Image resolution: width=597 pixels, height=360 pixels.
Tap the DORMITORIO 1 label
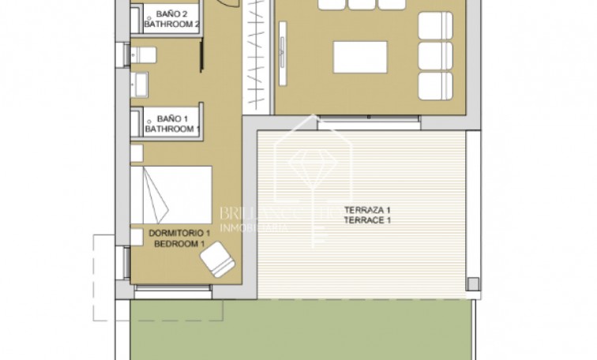point(180,234)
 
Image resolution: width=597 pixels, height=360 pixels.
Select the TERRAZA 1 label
point(366,210)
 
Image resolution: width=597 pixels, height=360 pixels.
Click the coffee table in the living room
point(360,57)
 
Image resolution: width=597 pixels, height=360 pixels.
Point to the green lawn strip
point(300,332)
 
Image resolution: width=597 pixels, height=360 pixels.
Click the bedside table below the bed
point(136,234)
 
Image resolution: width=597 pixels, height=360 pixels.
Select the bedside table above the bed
point(136,152)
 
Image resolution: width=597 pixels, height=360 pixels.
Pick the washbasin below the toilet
point(140,81)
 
